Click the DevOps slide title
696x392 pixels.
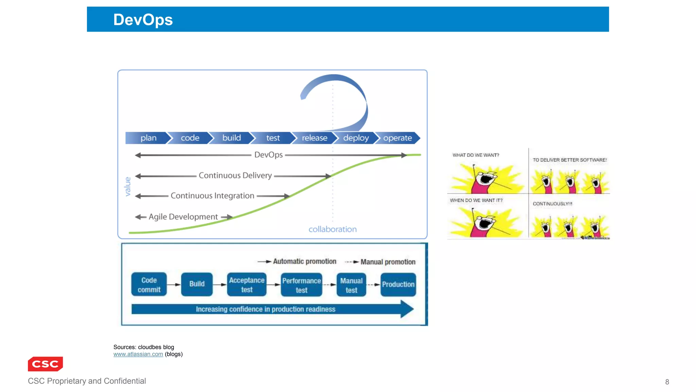point(143,20)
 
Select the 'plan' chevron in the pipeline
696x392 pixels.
point(148,138)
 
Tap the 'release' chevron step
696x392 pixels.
point(314,138)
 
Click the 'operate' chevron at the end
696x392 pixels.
point(397,138)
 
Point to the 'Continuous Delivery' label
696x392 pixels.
point(235,176)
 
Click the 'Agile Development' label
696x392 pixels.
point(183,217)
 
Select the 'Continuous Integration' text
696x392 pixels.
point(212,196)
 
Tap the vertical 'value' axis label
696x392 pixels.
point(128,186)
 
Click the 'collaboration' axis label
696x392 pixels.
point(332,229)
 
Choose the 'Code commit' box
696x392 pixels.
point(149,284)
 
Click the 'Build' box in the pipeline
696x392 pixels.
point(197,284)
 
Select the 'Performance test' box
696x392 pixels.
point(301,285)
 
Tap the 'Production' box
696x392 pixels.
point(398,284)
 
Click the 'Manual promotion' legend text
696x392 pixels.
point(388,262)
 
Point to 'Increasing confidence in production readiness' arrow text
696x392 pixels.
point(265,309)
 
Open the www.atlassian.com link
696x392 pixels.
point(138,354)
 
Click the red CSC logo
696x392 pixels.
point(45,364)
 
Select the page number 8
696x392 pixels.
point(667,382)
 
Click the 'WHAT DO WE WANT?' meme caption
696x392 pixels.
point(476,155)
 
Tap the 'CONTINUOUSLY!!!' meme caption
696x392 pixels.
point(553,204)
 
